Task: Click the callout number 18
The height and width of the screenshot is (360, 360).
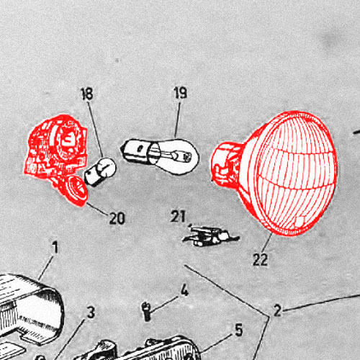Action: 87,94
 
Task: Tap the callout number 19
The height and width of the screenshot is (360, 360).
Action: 181,93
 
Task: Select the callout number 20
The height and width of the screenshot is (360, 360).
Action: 117,218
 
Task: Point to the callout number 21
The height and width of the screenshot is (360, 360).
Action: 178,216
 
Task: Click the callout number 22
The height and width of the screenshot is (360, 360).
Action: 260,259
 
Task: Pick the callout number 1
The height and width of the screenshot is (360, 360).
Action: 55,247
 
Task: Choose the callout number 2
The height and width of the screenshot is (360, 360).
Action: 277,310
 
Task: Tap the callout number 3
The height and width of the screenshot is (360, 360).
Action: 91,312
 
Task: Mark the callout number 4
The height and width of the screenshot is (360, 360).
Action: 184,290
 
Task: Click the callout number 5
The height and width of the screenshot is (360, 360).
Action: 238,330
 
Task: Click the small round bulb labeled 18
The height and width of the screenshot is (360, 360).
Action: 100,171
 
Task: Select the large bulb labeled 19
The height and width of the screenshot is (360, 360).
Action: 160,153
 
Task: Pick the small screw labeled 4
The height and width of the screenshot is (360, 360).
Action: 146,311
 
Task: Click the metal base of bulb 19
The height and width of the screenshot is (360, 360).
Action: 135,150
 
